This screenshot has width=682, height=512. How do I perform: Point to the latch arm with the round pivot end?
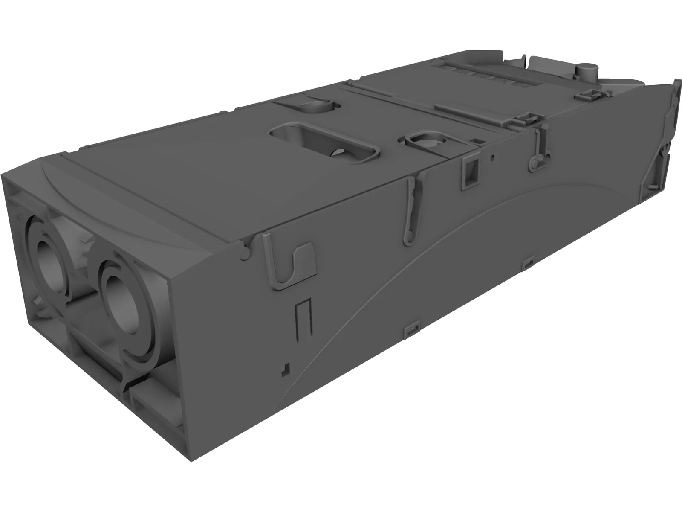point(538,149)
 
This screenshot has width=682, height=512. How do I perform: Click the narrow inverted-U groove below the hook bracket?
point(303,318)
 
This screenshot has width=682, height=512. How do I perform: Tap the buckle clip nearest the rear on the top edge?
point(593,95)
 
